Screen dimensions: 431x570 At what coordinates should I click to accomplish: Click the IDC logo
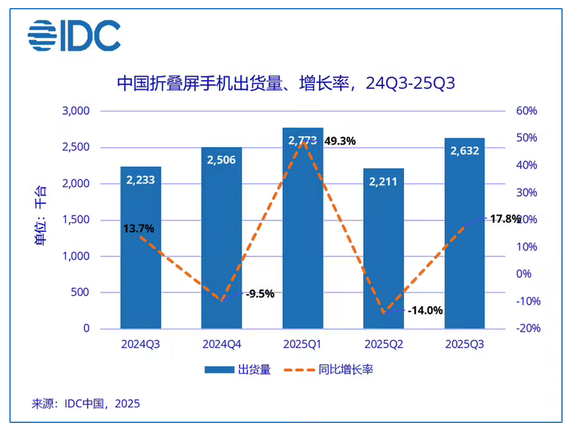click(x=74, y=36)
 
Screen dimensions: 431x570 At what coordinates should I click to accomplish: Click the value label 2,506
click(x=221, y=159)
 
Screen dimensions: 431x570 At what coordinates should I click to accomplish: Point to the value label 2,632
click(x=464, y=150)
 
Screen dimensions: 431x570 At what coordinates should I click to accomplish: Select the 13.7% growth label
click(x=138, y=229)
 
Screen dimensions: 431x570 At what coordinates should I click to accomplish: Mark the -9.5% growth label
click(x=260, y=293)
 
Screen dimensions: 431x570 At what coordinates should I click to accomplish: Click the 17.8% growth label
click(x=505, y=219)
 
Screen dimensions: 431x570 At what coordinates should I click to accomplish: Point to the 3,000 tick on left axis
click(x=76, y=111)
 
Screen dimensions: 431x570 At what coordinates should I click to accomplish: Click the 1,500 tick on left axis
click(x=76, y=220)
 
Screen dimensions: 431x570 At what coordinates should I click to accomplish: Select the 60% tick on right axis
click(x=526, y=111)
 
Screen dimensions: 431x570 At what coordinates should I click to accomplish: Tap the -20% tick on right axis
click(x=525, y=328)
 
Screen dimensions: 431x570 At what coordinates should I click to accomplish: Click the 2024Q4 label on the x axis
click(x=221, y=344)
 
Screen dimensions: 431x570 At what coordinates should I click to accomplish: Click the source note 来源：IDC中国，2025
click(x=86, y=404)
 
